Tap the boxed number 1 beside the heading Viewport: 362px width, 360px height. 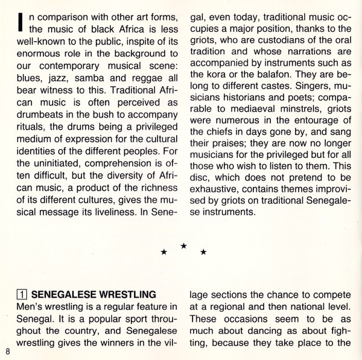[x=21, y=295]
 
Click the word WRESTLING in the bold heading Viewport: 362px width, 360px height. [x=127, y=295]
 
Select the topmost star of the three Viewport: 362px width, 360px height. [x=183, y=246]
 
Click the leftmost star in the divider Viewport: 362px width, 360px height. [x=164, y=252]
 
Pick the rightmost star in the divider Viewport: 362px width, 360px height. [x=203, y=252]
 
